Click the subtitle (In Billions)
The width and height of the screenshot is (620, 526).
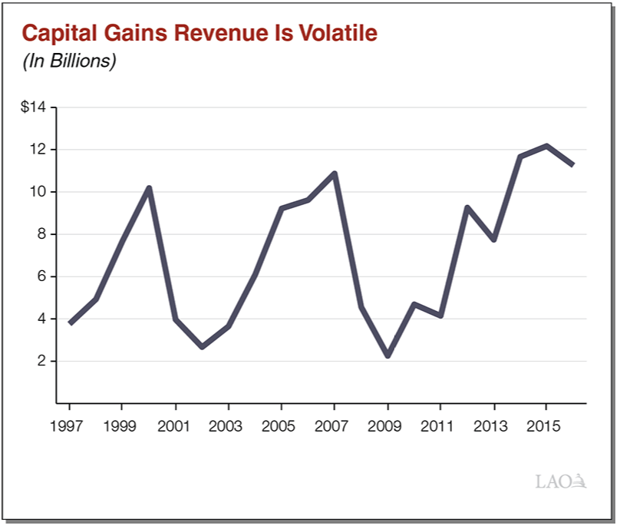pos(69,61)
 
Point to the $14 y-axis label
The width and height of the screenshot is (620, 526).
pos(34,107)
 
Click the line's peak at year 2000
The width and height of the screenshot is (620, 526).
pos(149,187)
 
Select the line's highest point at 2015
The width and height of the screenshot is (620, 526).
pos(546,145)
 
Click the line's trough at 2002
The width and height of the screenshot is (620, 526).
pos(202,347)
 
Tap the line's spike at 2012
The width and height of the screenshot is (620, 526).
pos(467,207)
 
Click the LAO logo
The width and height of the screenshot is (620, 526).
pos(561,482)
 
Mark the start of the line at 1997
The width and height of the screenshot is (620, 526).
pos(70,323)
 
